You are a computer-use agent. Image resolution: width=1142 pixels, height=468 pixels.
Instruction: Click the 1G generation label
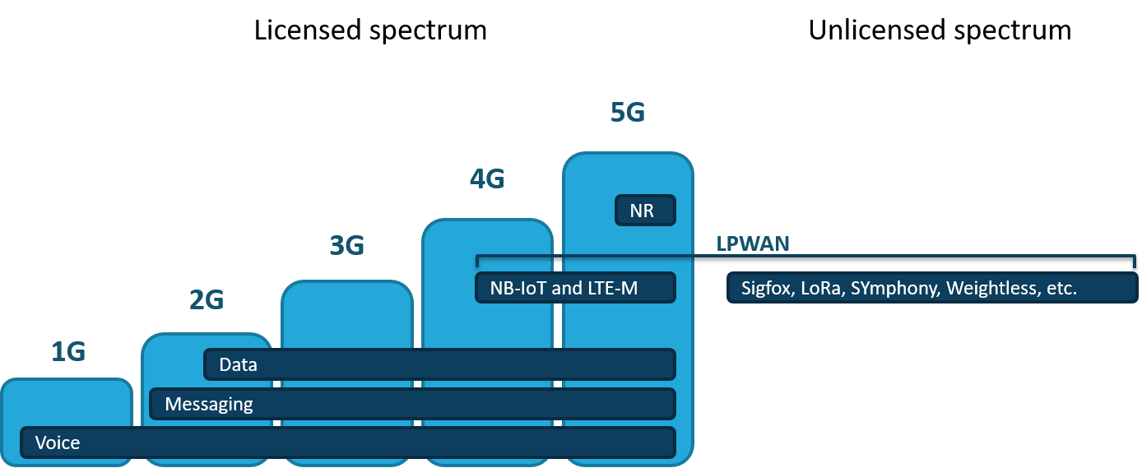68,352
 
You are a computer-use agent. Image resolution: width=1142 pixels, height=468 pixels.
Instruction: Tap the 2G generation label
207,300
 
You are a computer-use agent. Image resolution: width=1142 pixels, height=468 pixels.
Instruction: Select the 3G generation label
346,245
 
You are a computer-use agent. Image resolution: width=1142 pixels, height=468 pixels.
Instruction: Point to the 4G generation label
486,179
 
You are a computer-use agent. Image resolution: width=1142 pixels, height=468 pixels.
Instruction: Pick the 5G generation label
628,113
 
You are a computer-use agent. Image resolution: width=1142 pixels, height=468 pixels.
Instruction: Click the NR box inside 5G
645,211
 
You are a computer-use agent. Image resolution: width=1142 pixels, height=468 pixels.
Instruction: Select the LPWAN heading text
752,243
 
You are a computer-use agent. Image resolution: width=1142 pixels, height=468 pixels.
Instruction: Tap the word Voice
58,443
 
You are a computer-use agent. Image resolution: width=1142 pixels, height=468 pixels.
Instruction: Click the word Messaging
209,404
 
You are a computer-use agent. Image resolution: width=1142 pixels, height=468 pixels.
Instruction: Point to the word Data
238,364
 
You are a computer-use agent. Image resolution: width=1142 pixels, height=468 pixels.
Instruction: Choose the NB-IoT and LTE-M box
575,288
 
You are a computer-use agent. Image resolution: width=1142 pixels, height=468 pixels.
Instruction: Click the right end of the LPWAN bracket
1135,262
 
